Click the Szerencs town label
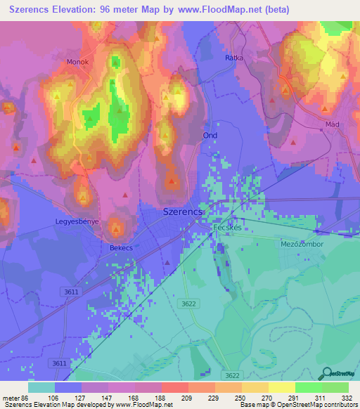click(183, 212)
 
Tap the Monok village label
click(77, 62)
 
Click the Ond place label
click(210, 135)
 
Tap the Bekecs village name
click(121, 248)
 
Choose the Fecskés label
click(228, 228)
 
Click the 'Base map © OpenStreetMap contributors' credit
click(297, 405)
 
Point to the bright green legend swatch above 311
click(309, 387)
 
